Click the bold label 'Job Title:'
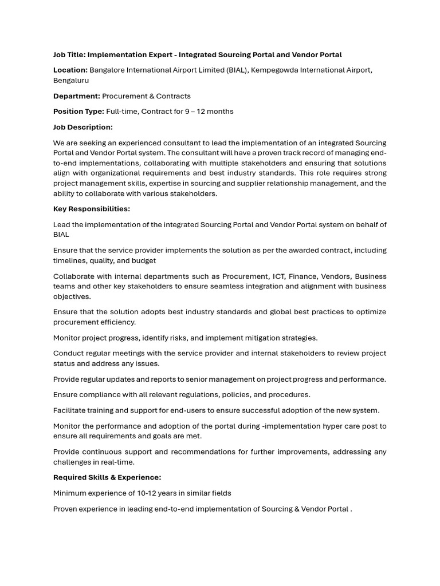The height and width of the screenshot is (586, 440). click(69, 55)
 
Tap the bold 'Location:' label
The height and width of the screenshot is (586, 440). click(70, 70)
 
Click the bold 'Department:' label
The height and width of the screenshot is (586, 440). click(77, 96)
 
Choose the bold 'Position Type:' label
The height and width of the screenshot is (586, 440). click(78, 112)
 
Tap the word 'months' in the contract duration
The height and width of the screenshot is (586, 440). click(220, 112)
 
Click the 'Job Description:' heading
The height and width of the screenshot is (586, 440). click(83, 127)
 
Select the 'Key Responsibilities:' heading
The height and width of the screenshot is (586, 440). click(92, 209)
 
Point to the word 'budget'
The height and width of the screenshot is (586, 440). click(144, 261)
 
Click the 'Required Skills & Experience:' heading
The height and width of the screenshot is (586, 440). click(107, 477)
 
